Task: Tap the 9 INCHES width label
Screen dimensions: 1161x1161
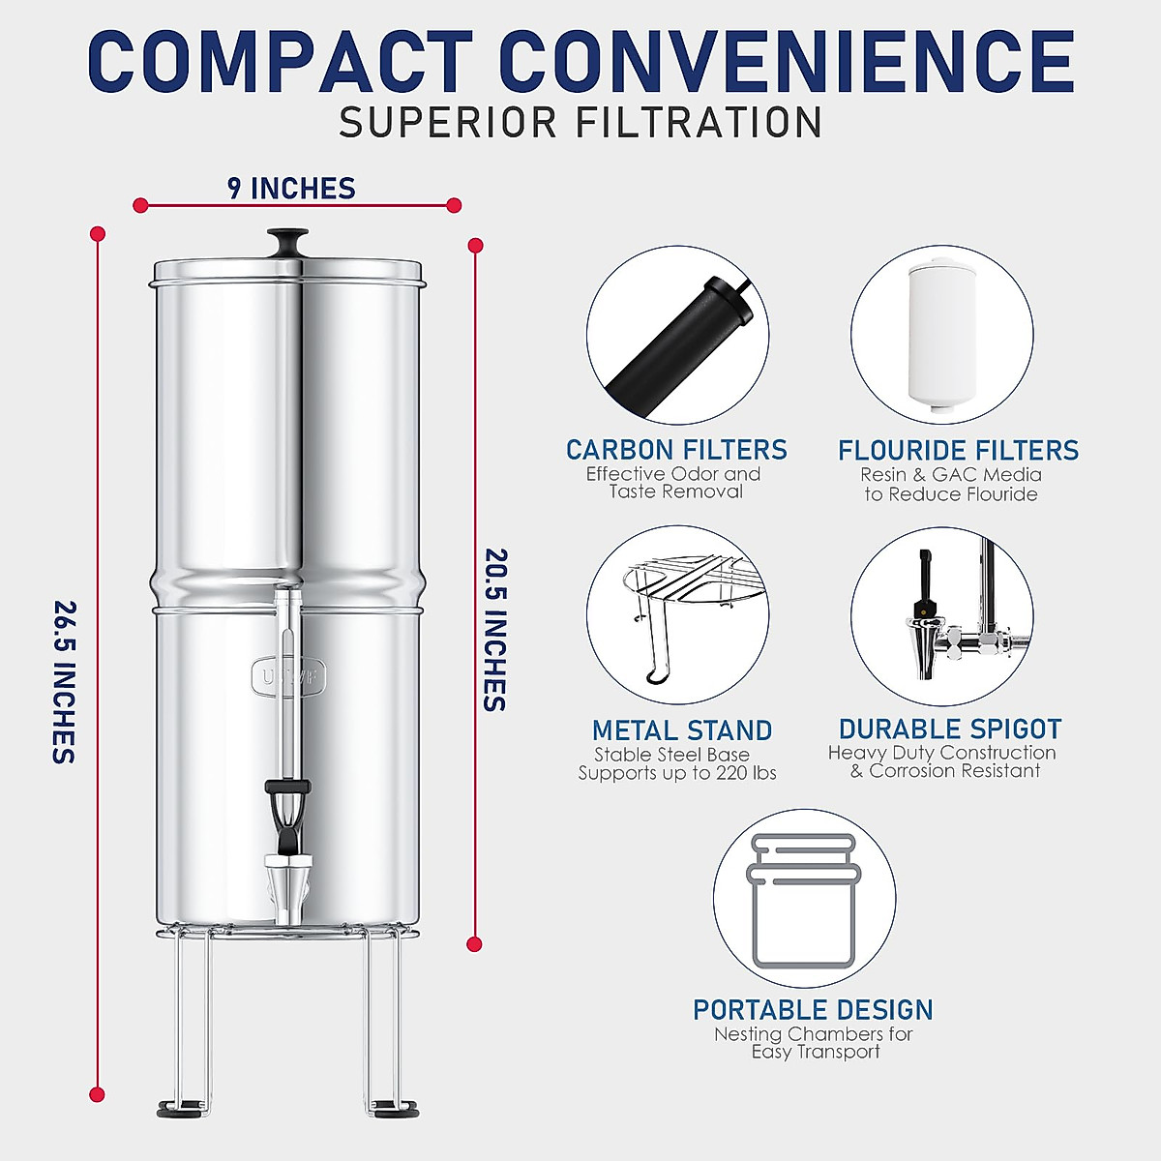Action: tap(291, 189)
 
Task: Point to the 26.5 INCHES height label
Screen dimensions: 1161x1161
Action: tap(64, 682)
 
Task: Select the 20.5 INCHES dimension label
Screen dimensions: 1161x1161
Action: tap(494, 630)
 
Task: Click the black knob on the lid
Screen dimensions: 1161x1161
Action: tap(288, 241)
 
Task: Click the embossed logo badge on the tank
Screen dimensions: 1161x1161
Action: tap(288, 675)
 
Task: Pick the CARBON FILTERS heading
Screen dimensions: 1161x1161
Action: tap(676, 450)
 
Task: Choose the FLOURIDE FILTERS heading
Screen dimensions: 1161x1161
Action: tap(958, 450)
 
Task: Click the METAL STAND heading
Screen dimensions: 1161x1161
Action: tap(682, 730)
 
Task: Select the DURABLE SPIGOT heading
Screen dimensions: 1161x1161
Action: tap(950, 729)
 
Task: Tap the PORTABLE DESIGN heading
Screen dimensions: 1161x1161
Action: tap(813, 1010)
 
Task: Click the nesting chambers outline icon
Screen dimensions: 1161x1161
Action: tap(804, 901)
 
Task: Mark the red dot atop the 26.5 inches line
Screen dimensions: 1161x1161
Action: tap(97, 233)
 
